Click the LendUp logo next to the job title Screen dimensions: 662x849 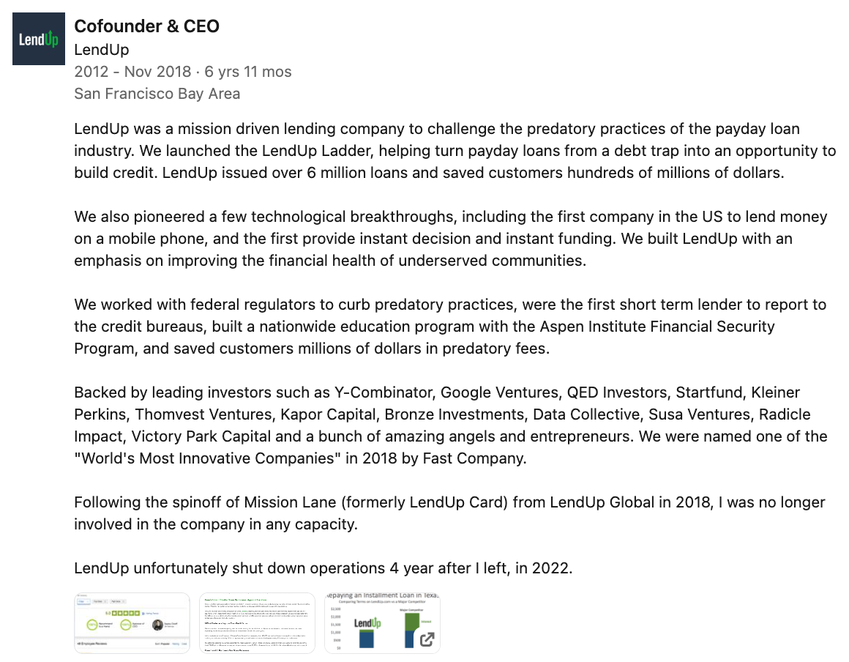[39, 39]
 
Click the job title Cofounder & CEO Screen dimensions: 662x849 [146, 26]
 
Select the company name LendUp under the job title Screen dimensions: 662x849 [101, 50]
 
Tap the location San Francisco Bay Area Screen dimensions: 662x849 [157, 94]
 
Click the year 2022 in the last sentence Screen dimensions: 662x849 [553, 568]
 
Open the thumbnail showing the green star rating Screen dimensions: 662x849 [132, 622]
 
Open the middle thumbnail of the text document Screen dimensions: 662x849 [257, 622]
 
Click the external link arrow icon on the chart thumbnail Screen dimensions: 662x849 [426, 639]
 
